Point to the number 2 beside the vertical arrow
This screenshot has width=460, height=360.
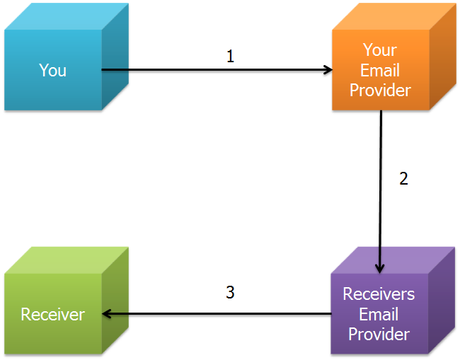(403, 178)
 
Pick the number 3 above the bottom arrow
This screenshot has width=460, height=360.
(230, 292)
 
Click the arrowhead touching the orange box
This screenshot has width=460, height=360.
(328, 70)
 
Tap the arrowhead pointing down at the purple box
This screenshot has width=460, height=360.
(380, 268)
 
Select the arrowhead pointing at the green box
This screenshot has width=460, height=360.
(107, 314)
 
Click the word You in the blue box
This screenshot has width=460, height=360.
(53, 70)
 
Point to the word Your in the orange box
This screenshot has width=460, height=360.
(380, 50)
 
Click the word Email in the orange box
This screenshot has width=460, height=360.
(380, 70)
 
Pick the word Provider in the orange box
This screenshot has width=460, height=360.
(380, 91)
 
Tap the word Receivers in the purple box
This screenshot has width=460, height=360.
(379, 294)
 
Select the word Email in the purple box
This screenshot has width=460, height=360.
(379, 314)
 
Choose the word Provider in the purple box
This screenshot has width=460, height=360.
(379, 334)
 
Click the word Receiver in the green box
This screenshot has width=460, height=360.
(53, 314)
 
